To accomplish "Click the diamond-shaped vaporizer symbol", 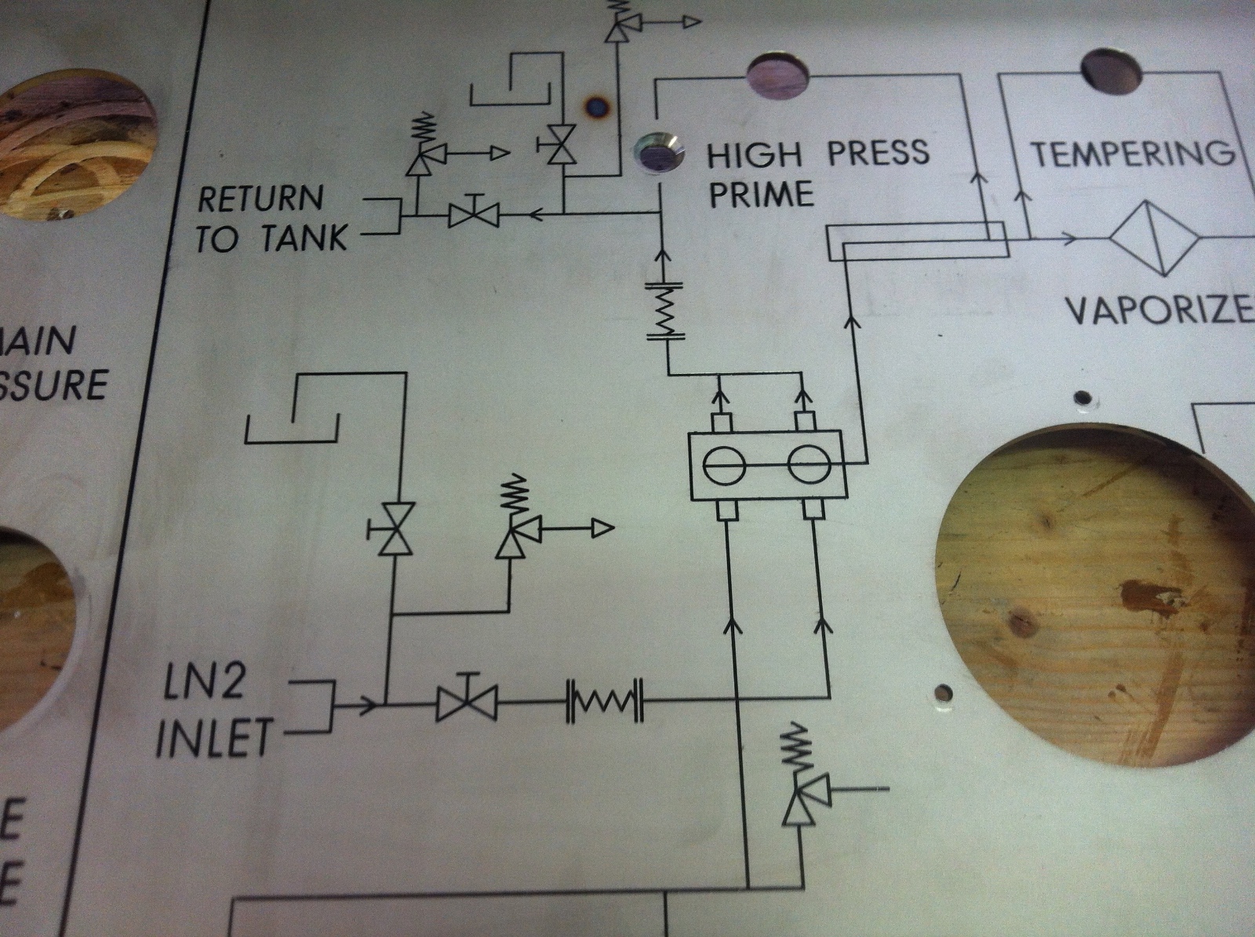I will coord(1153,238).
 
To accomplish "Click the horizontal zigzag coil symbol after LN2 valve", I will coord(604,698).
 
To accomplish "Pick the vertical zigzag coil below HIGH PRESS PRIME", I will coord(666,310).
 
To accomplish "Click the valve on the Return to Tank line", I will coord(473,212).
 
